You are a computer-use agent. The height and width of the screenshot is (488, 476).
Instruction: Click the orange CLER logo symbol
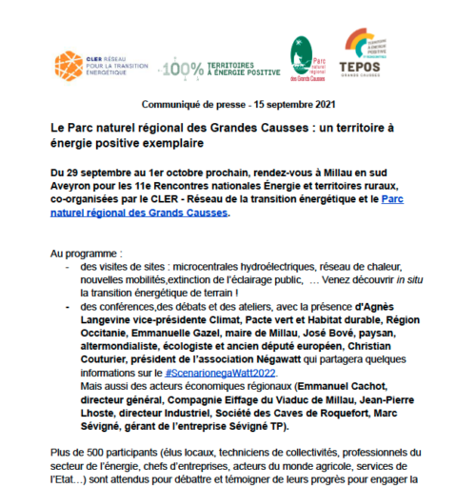[x=69, y=65]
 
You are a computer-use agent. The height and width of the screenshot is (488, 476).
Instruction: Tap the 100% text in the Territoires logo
[x=180, y=68]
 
